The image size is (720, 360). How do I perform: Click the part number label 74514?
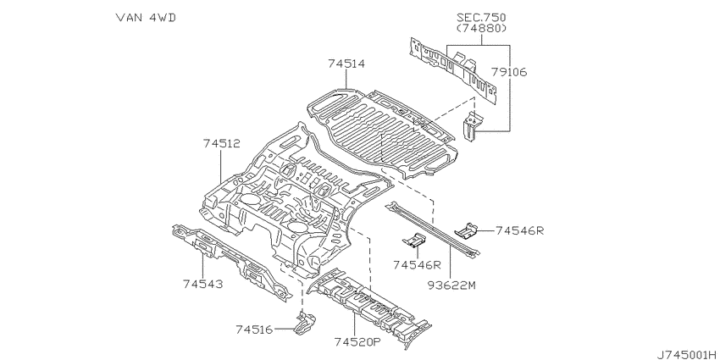[x=346, y=64]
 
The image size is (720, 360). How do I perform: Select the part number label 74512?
[x=221, y=144]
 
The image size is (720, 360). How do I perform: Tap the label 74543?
[x=202, y=285]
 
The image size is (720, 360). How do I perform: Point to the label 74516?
[x=254, y=330]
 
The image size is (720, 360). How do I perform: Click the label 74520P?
[x=357, y=341]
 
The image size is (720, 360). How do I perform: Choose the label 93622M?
[x=451, y=285]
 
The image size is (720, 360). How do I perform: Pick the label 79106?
[x=509, y=72]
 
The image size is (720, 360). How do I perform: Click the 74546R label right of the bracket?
[x=519, y=230]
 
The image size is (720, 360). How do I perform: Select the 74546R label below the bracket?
[x=417, y=265]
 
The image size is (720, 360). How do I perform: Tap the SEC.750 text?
[x=481, y=18]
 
